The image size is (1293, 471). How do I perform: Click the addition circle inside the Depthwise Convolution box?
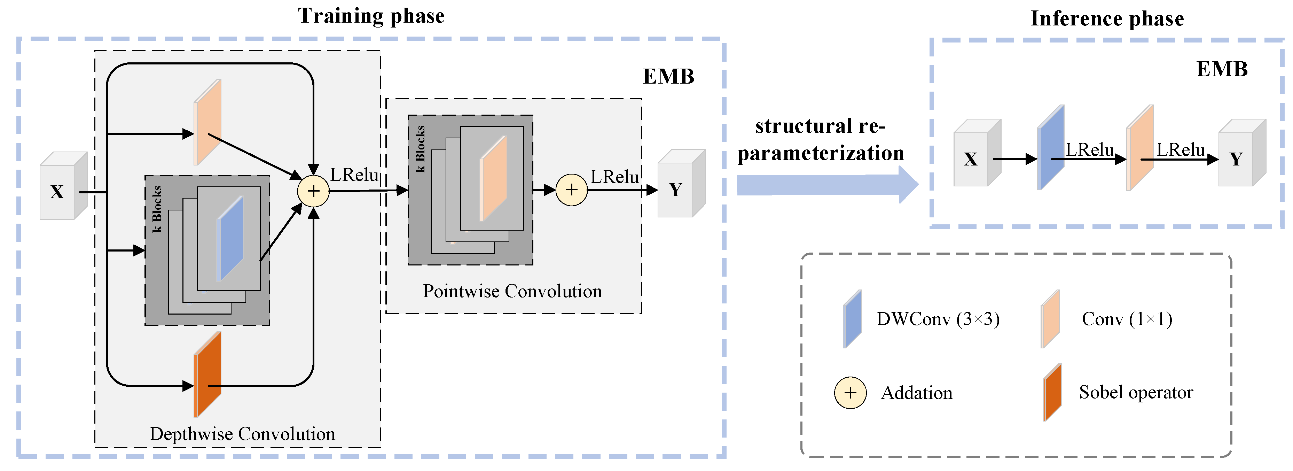tap(313, 191)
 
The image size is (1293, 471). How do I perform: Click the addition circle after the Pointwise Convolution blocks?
tap(571, 190)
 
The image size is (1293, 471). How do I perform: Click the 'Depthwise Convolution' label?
tap(242, 434)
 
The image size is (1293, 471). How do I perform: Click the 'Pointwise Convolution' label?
tap(512, 291)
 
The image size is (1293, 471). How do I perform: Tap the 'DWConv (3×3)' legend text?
tap(938, 319)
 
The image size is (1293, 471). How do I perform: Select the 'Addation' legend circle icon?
tap(850, 393)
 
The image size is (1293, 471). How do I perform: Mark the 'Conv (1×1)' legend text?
tap(1127, 319)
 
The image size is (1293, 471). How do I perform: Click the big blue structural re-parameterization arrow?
tap(823, 185)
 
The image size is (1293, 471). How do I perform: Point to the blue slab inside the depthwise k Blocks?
tap(231, 239)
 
